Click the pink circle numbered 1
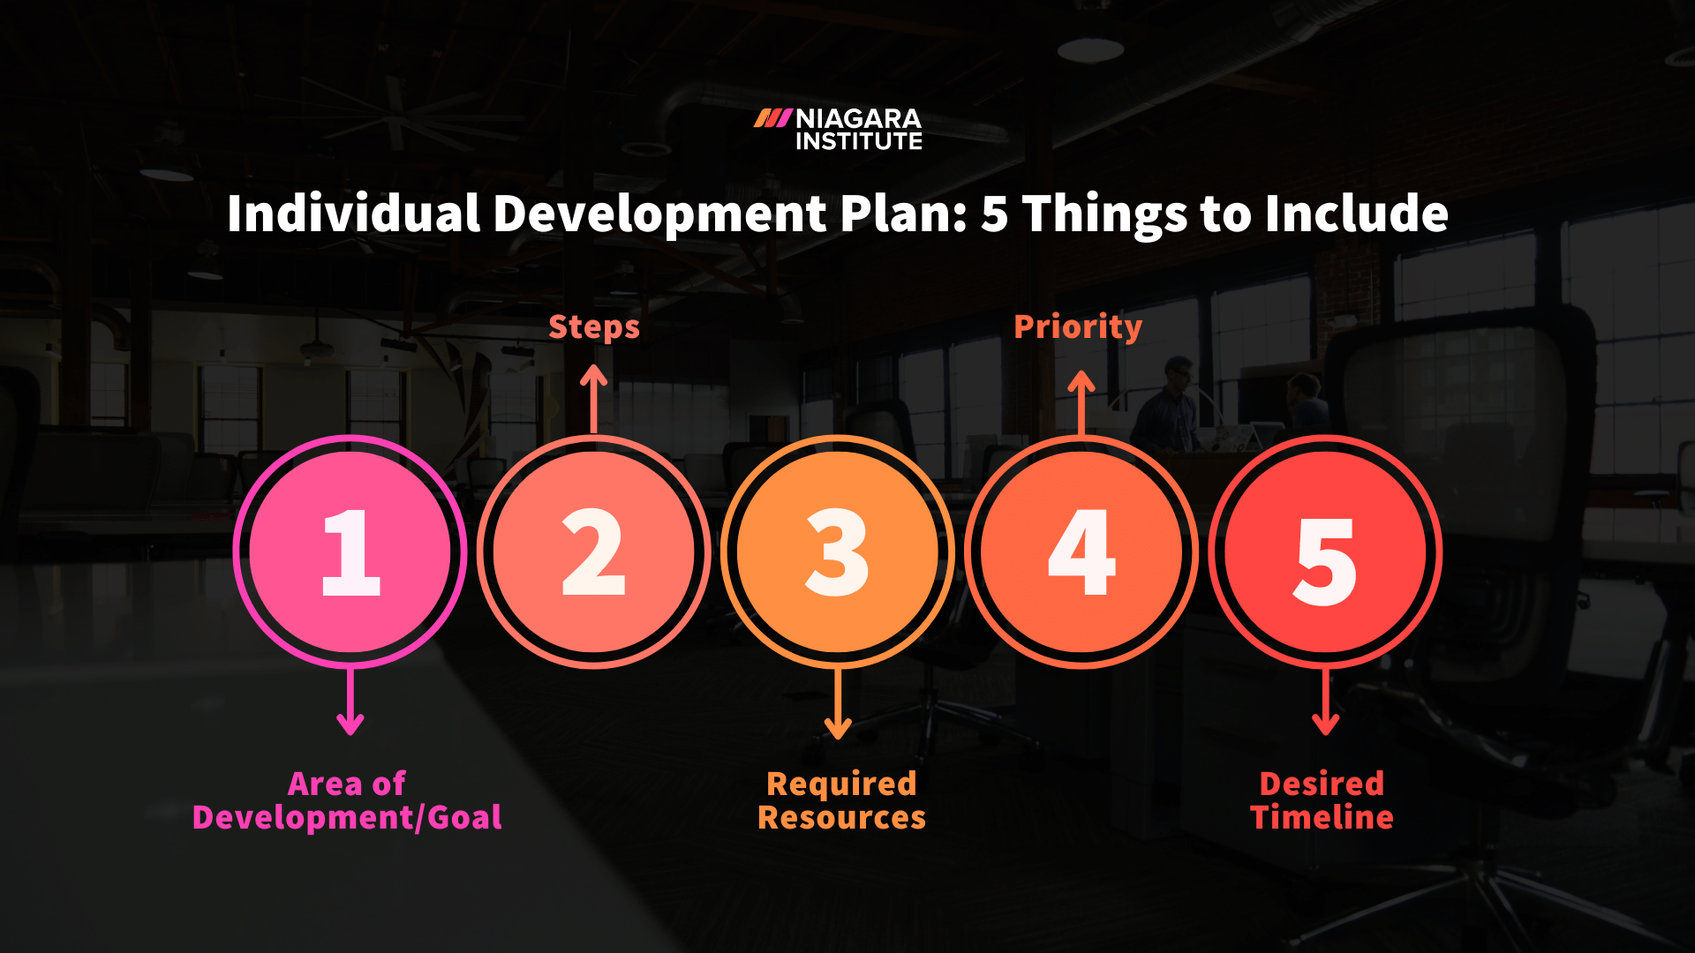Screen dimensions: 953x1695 coord(350,552)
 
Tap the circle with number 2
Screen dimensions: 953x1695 coord(594,552)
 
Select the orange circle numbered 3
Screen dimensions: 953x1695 coord(838,552)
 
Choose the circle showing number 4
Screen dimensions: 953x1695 coord(1081,552)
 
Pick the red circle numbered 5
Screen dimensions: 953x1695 coord(1325,552)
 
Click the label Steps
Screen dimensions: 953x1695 coord(594,327)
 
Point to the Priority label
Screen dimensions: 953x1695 coord(1078,327)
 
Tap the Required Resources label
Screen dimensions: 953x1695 coord(841,800)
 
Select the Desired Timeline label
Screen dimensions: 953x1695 coord(1322,800)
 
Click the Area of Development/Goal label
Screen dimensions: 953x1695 coord(347,800)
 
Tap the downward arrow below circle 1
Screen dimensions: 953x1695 coord(350,702)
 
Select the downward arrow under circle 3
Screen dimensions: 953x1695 coord(838,704)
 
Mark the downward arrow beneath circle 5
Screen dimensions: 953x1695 coord(1325,702)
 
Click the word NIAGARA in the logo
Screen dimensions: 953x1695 coord(858,119)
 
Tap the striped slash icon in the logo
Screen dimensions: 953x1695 coord(772,118)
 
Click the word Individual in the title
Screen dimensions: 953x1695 coord(353,214)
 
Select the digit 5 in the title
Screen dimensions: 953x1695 coord(994,214)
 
